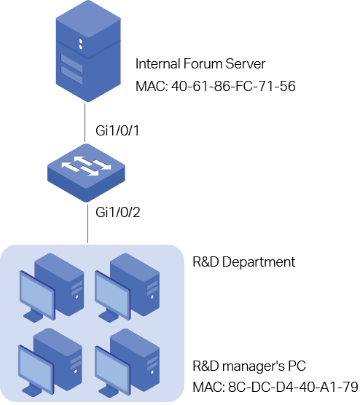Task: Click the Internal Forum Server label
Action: click(200, 64)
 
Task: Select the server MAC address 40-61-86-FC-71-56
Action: click(233, 86)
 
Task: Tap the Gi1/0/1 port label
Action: click(117, 130)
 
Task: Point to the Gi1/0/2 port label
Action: click(118, 212)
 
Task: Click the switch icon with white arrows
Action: click(86, 173)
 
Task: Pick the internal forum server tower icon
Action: click(88, 51)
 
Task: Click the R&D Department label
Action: click(243, 262)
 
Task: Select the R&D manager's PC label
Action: click(249, 366)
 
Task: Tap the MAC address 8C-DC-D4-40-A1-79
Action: click(293, 387)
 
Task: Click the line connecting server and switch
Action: click(85, 122)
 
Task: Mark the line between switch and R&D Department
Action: click(88, 224)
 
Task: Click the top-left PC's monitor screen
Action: click(37, 295)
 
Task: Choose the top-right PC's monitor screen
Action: click(112, 295)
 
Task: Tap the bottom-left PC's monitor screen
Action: click(36, 370)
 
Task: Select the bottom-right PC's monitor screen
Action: click(112, 370)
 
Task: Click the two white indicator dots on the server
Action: click(81, 44)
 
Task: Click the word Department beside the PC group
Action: click(259, 263)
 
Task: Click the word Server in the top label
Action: click(246, 64)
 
